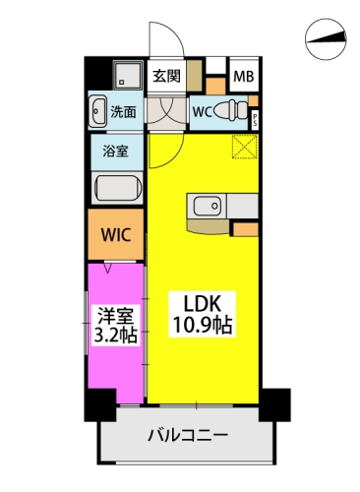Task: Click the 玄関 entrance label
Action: pyautogui.click(x=166, y=77)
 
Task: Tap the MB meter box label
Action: pyautogui.click(x=243, y=77)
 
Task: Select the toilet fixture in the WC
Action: pyautogui.click(x=230, y=110)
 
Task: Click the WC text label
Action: pyautogui.click(x=203, y=112)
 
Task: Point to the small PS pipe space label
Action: pyautogui.click(x=255, y=120)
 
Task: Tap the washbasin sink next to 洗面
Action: pyautogui.click(x=97, y=111)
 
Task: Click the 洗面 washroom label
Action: pyautogui.click(x=123, y=112)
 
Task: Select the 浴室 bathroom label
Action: pyautogui.click(x=115, y=152)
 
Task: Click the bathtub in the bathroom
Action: pyautogui.click(x=118, y=187)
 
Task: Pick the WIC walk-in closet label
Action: pyautogui.click(x=116, y=235)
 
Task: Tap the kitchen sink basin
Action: pyautogui.click(x=207, y=207)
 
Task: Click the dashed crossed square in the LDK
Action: pyautogui.click(x=245, y=147)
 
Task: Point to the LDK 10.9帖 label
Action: pyautogui.click(x=203, y=314)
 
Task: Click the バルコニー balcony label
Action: pyautogui.click(x=188, y=436)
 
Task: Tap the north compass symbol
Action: pyautogui.click(x=326, y=39)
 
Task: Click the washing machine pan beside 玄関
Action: pyautogui.click(x=128, y=75)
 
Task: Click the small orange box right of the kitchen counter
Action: pyautogui.click(x=246, y=229)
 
